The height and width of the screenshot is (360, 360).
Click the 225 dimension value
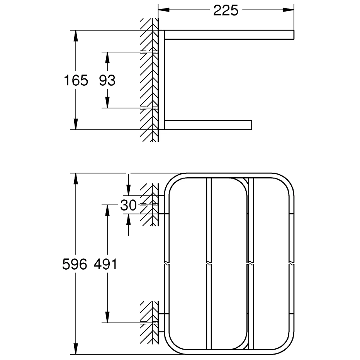(x=226, y=10)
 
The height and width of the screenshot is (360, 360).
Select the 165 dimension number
(x=76, y=80)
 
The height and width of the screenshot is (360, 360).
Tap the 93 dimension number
(x=107, y=80)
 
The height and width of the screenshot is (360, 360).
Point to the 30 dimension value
(x=128, y=205)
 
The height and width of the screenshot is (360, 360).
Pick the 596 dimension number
(x=75, y=264)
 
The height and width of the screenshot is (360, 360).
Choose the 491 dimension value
(x=105, y=264)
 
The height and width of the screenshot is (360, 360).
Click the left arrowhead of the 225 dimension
(x=164, y=10)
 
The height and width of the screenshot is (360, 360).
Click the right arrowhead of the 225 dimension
(x=289, y=10)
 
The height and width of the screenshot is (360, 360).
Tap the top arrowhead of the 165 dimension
(x=76, y=36)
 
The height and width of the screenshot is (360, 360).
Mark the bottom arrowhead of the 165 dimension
(x=76, y=124)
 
